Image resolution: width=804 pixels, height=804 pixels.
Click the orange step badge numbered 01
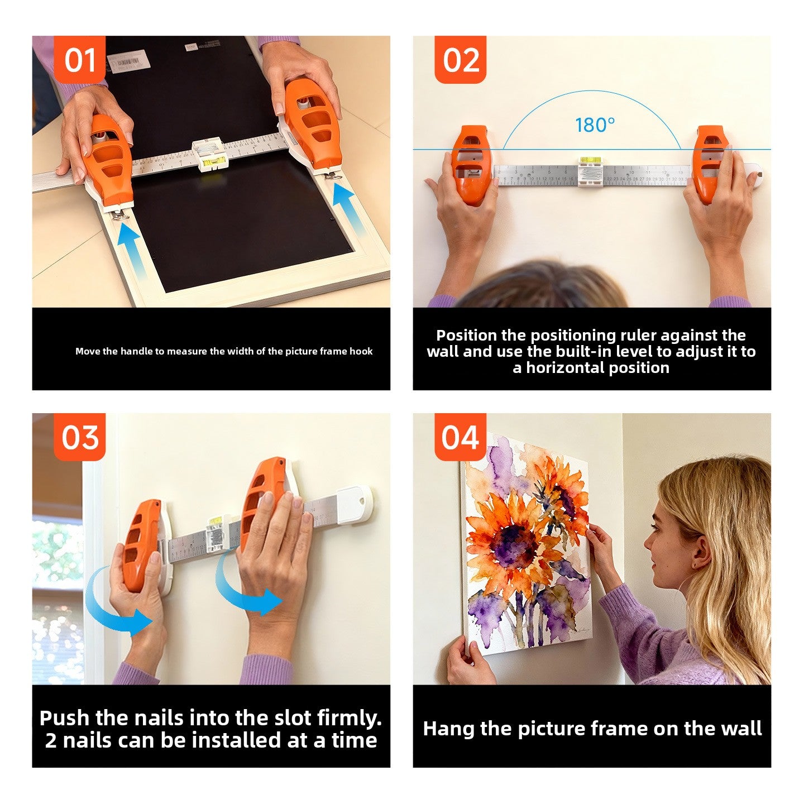point(80,60)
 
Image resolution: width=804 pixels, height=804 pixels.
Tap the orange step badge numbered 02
point(461,60)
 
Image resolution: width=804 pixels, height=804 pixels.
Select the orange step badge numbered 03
point(80,437)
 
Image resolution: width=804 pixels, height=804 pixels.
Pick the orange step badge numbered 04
point(461,437)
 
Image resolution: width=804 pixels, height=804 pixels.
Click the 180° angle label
point(595,125)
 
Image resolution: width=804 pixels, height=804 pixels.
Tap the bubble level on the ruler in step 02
point(588,162)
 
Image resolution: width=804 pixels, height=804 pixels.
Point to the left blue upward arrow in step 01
point(130,246)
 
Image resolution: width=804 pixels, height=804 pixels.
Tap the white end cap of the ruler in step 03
point(354,505)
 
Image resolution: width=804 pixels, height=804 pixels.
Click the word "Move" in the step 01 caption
point(88,351)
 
